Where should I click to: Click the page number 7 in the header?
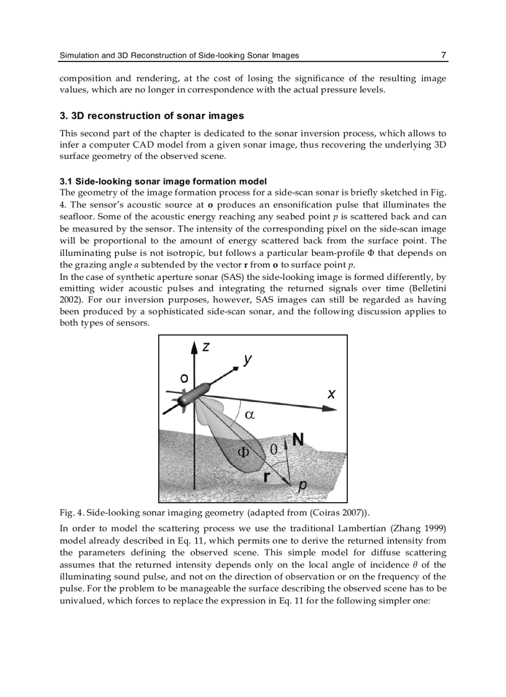tap(443, 55)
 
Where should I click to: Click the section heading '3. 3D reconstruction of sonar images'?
tap(151, 116)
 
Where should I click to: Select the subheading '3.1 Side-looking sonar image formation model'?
tap(163, 181)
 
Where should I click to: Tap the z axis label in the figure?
tap(206, 347)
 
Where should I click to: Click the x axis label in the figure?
tap(332, 393)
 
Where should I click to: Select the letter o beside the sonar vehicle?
tap(184, 377)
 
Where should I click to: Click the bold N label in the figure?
tap(298, 440)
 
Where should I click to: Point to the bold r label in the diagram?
tap(266, 477)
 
